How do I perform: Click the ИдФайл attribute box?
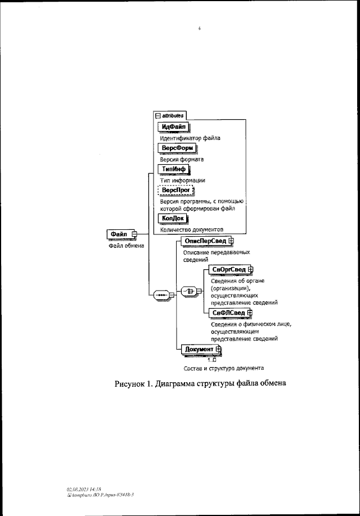point(173,127)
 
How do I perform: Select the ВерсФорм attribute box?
point(177,148)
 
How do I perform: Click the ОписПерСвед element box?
point(204,257)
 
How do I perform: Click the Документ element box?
point(199,350)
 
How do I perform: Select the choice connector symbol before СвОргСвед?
point(190,291)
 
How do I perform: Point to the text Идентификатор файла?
point(190,138)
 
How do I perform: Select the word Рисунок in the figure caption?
point(131,384)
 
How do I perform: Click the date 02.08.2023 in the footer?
point(78,490)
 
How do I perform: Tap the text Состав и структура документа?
point(223,369)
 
